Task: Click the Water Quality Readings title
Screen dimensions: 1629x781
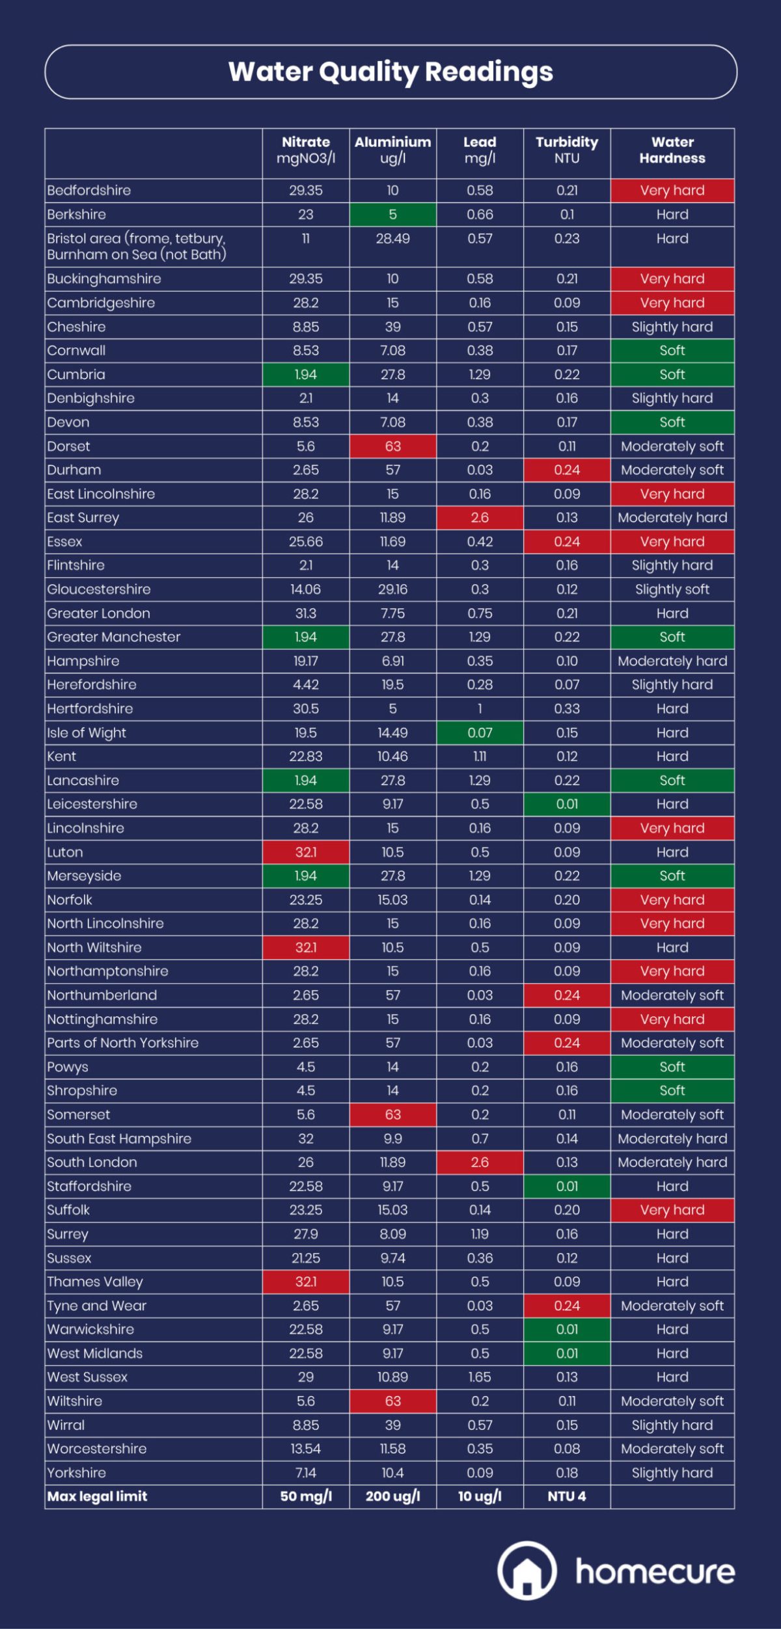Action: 390,72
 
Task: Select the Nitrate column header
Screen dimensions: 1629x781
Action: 306,150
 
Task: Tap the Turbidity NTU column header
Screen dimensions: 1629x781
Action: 567,150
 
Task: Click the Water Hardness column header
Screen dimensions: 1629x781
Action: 672,150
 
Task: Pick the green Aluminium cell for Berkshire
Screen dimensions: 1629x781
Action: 392,215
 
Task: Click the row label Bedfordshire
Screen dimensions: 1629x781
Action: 89,191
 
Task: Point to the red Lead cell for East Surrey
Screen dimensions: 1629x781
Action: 480,518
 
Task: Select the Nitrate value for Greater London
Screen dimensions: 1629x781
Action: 306,613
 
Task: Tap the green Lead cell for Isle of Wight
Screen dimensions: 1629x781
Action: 480,733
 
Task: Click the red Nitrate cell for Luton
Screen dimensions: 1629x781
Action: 306,852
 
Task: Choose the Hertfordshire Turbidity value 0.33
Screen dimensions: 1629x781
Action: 567,709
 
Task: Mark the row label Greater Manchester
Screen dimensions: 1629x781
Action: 114,638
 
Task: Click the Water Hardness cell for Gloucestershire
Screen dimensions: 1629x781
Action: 672,589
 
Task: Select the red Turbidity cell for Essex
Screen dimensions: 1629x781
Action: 567,542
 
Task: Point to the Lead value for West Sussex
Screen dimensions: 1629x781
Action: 480,1377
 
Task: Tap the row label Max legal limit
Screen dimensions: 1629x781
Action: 98,1496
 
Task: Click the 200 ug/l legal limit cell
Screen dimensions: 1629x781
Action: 392,1496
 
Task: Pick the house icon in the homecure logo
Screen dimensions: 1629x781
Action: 527,1570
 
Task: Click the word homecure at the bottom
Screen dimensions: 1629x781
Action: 655,1572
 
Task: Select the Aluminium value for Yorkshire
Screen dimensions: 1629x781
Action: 392,1473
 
